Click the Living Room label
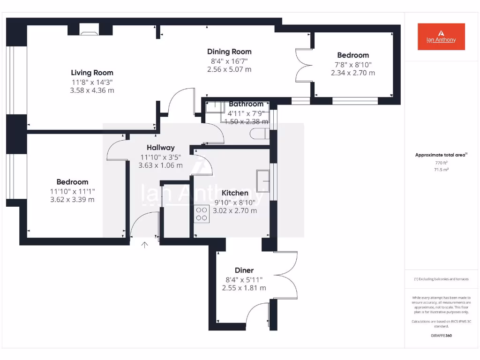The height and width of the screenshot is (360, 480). (92, 73)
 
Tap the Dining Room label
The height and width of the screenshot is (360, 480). (229, 52)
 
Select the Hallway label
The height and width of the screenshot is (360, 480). (161, 148)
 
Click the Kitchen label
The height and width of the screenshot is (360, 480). (235, 193)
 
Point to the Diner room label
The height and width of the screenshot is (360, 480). (244, 270)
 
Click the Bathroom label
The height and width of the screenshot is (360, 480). (246, 104)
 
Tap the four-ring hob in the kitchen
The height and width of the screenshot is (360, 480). (202, 214)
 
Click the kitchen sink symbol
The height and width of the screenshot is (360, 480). (263, 181)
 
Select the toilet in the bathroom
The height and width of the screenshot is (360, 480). (260, 134)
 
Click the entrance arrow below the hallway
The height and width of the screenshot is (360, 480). (144, 245)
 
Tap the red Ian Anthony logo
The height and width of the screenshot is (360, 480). (441, 37)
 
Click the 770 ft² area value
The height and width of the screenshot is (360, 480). (441, 163)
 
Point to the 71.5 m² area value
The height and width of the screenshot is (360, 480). (441, 169)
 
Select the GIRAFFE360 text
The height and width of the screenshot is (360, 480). (441, 336)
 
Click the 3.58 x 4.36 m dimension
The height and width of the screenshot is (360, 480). (92, 90)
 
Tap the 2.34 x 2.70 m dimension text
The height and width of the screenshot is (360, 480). (353, 73)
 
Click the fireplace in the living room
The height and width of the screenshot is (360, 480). (89, 30)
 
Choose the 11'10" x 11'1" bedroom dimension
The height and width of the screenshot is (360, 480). (73, 191)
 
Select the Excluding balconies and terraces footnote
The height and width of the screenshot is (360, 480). (441, 279)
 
